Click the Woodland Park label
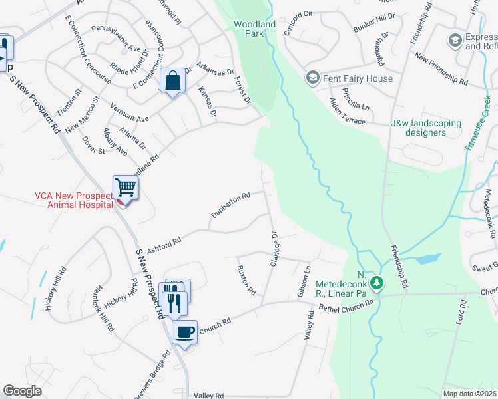point(254,29)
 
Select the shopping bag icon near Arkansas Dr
point(173,82)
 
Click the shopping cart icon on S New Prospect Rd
point(125,188)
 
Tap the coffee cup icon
point(184,331)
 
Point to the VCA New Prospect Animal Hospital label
point(74,200)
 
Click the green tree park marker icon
point(377,283)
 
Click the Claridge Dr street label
point(273,249)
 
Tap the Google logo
point(23,391)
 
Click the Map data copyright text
point(469,394)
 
